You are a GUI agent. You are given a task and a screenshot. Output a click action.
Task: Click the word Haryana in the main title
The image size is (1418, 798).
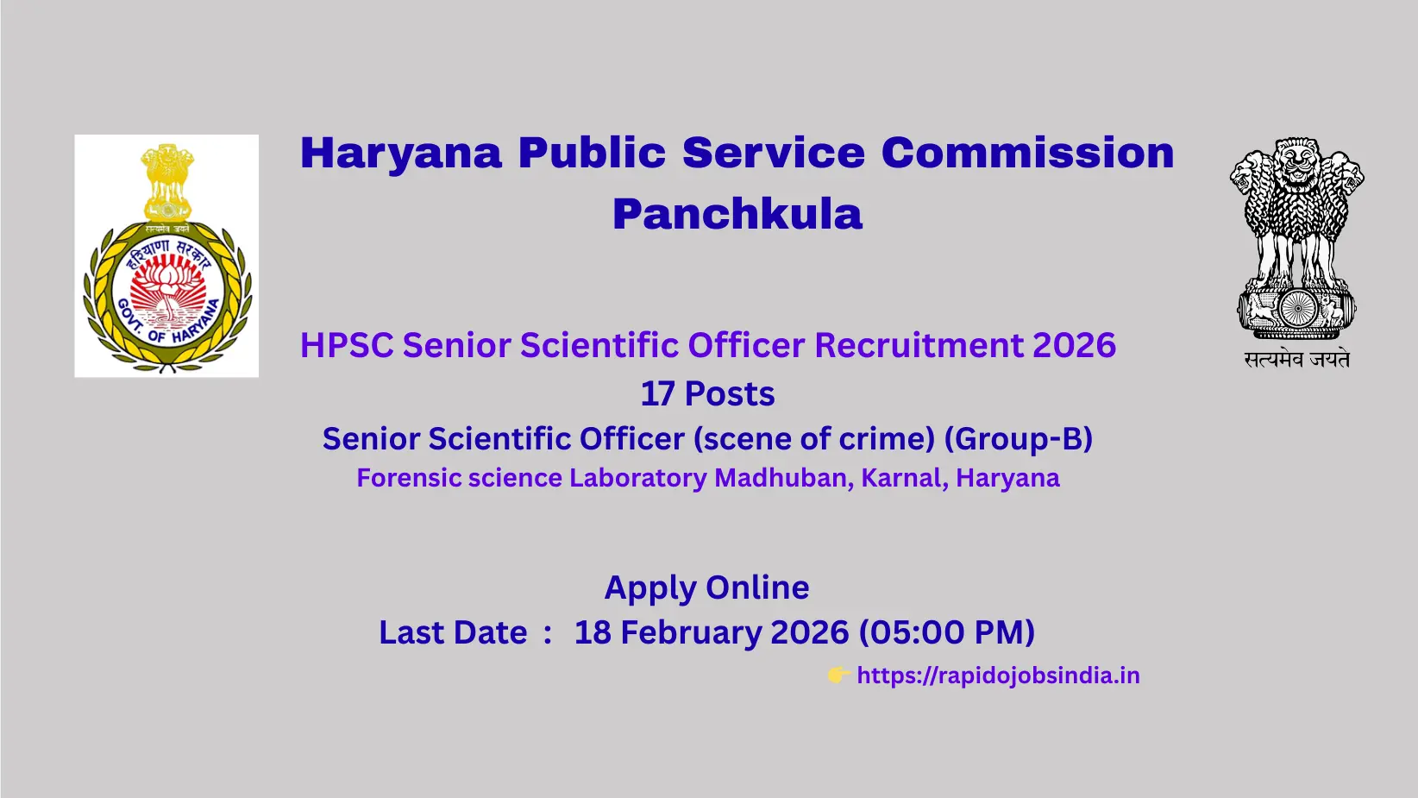[x=401, y=154]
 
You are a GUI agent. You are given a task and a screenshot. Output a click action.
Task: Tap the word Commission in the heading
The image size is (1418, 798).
[x=1027, y=154]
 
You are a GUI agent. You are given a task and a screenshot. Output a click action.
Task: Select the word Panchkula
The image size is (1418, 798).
[x=737, y=214]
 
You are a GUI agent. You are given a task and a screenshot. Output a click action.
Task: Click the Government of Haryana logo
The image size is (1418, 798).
[x=166, y=255]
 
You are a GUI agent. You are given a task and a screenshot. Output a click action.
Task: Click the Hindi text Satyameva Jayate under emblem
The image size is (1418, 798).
[x=1296, y=360]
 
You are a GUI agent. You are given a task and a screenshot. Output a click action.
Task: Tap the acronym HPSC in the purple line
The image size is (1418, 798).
[x=347, y=346]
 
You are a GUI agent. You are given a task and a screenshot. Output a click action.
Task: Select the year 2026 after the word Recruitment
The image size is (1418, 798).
[x=1074, y=346]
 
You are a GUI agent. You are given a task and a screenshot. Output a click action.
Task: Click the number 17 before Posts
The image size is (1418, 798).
[x=657, y=394]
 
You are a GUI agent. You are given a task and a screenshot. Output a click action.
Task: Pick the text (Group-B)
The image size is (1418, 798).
[x=1019, y=439]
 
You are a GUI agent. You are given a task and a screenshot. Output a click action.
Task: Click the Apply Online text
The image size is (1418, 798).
[x=707, y=588]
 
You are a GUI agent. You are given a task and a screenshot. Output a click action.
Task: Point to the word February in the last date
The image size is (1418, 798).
[x=691, y=632]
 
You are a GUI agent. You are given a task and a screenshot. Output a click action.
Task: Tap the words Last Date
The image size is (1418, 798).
[x=453, y=632]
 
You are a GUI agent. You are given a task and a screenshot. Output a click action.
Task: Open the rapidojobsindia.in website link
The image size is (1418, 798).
[x=998, y=675]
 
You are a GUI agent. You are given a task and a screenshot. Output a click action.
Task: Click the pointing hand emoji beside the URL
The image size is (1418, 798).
[x=838, y=675]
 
